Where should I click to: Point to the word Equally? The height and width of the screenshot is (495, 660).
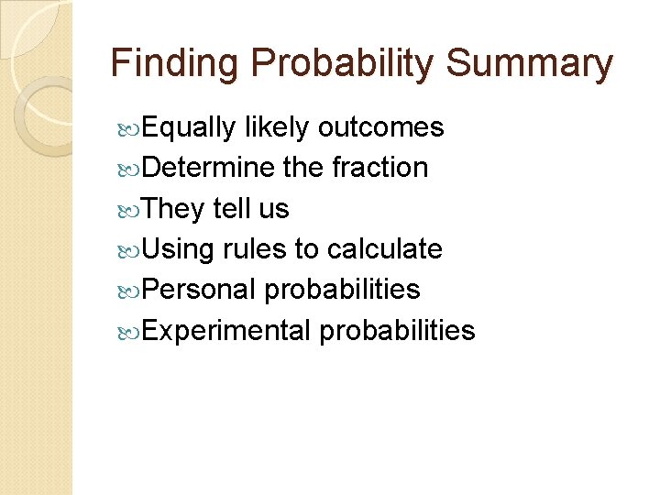coord(189,128)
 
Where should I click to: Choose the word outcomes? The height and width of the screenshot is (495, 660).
coord(380,127)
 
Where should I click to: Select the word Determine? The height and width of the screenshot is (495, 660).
coord(208,168)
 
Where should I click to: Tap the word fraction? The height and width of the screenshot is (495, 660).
coord(379,168)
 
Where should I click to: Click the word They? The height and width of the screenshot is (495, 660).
coord(174,209)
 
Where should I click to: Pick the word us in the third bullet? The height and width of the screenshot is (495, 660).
coord(273,210)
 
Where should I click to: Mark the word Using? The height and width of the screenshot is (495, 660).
coord(179,249)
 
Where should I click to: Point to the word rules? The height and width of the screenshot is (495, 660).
coord(254,248)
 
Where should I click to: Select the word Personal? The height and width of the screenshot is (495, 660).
coord(199,290)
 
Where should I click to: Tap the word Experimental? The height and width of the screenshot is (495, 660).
coord(226,330)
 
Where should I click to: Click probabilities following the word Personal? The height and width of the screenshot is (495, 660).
coord(342,290)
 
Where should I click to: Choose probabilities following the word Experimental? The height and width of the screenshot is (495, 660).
coord(397,330)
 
